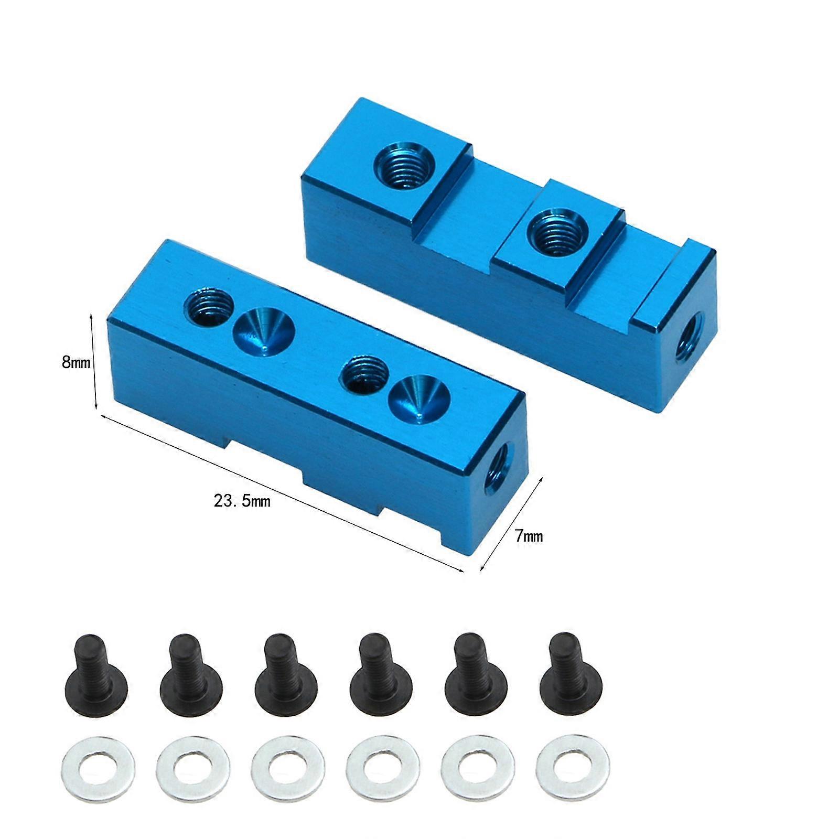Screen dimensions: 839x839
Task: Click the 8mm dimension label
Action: point(76,362)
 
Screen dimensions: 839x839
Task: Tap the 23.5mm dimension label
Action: point(242,501)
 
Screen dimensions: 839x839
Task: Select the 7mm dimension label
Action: point(529,536)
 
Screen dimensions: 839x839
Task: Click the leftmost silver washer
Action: point(98,769)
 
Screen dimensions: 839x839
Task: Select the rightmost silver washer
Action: point(573,768)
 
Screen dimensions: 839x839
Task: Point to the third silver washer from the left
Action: point(288,769)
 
